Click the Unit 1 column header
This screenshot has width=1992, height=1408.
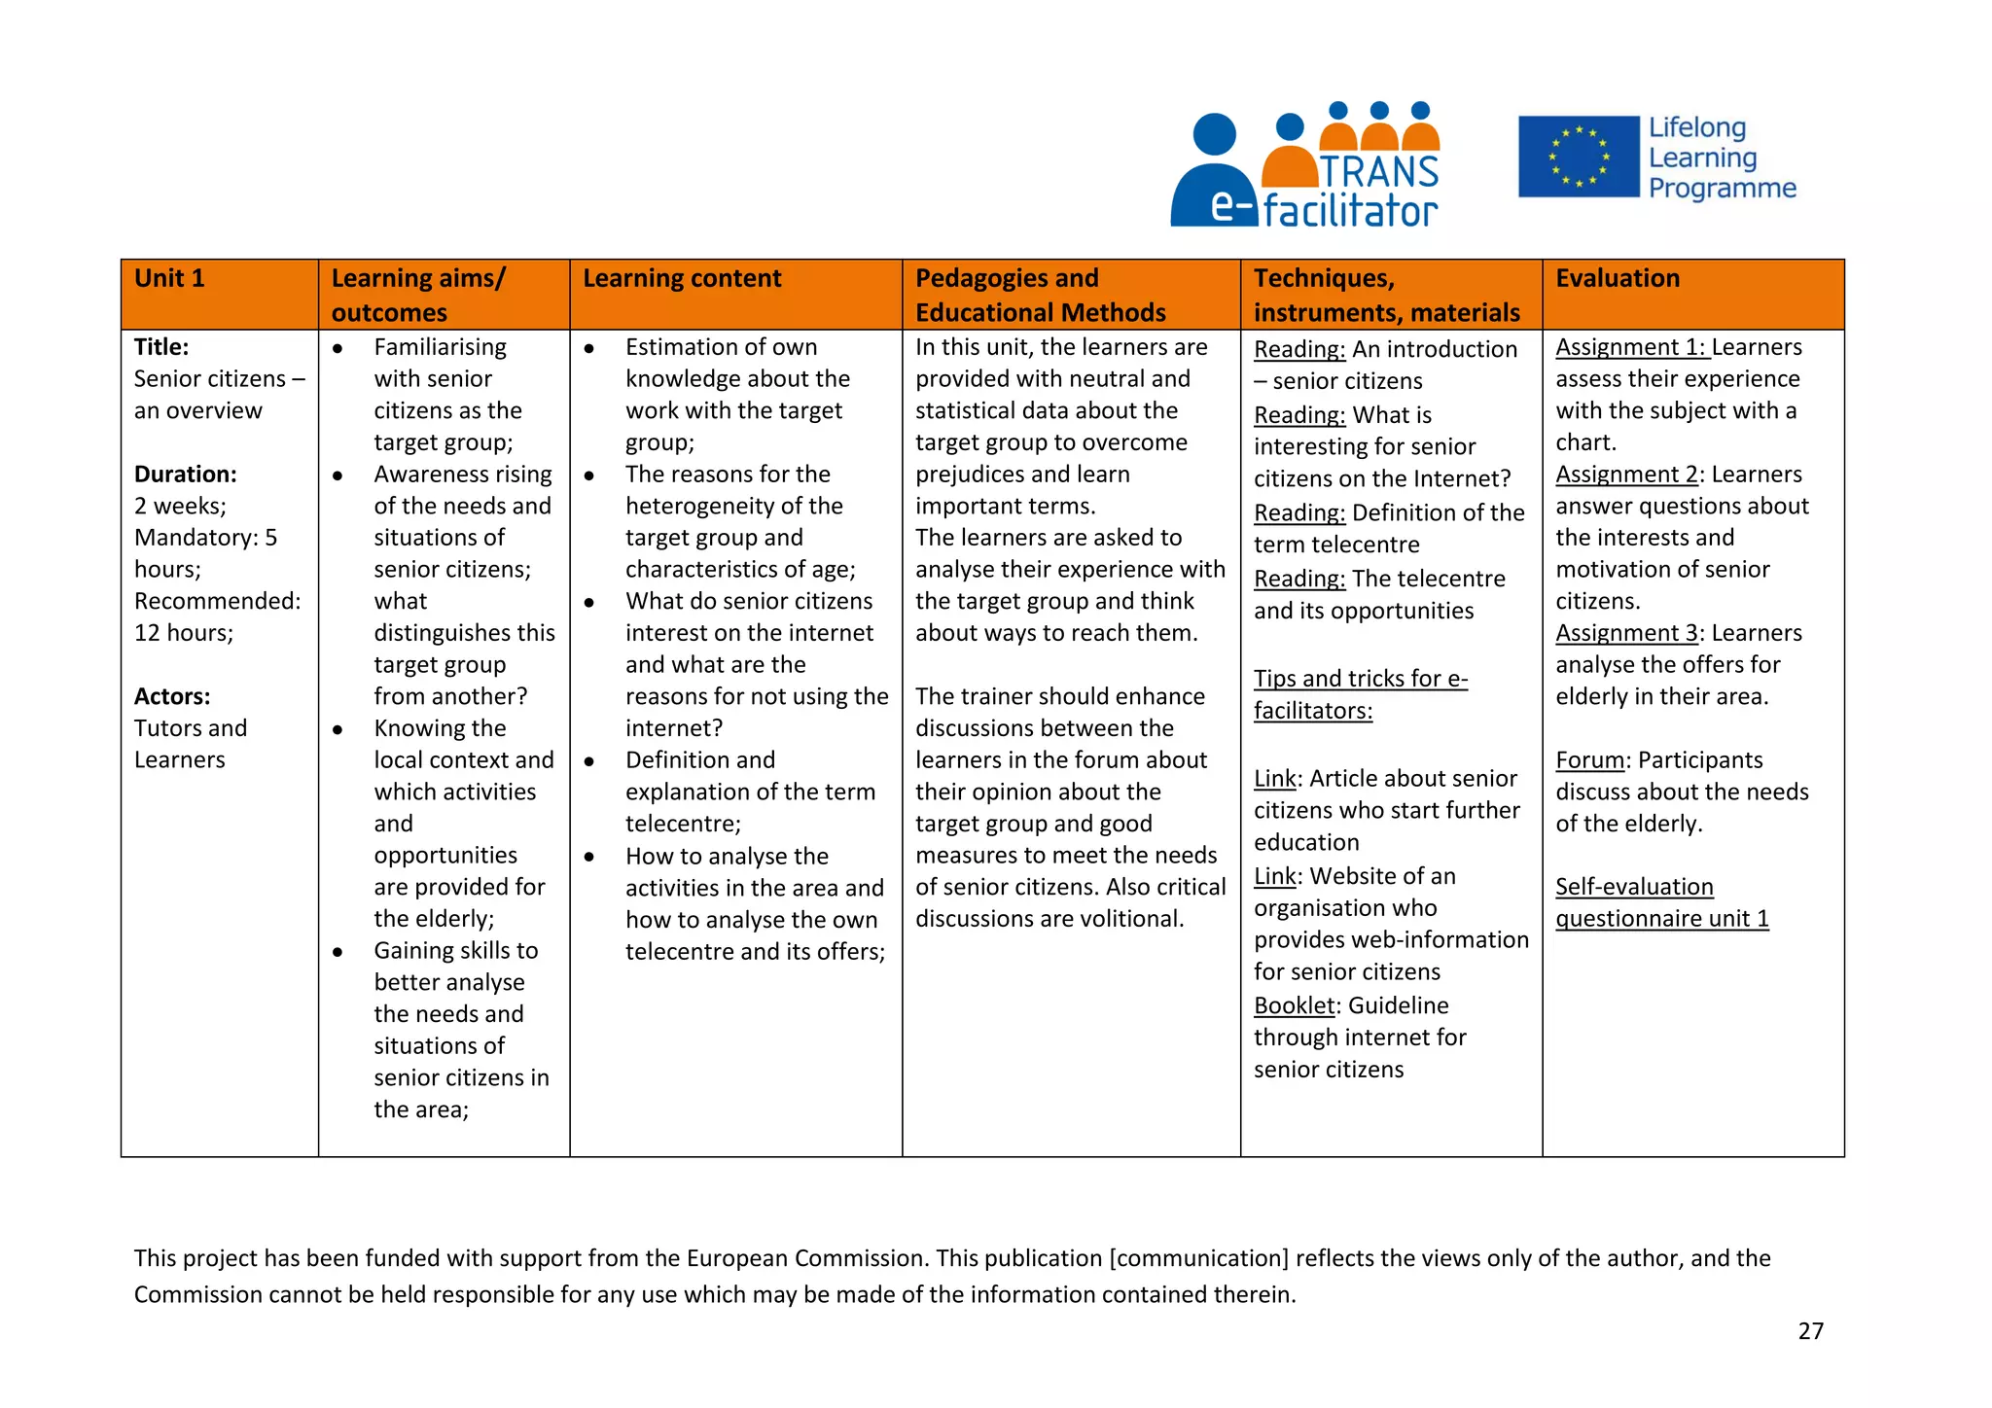pos(169,279)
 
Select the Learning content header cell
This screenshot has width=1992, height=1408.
pos(681,279)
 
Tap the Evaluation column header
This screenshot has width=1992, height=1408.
pos(1617,279)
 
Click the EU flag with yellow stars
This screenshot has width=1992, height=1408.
pos(1578,157)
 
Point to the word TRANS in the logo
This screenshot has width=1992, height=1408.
pos(1379,172)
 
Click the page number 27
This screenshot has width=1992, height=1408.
pos(1810,1331)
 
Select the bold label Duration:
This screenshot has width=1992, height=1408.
pos(185,475)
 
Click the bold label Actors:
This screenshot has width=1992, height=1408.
pos(172,697)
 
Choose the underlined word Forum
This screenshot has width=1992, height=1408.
pos(1589,760)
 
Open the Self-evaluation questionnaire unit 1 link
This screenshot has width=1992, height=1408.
pos(1660,903)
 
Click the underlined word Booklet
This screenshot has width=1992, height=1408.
pos(1294,1005)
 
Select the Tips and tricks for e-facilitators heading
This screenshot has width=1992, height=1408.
pos(1359,694)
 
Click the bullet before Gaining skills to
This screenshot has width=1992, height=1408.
pos(338,952)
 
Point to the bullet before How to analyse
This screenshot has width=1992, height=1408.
pos(589,857)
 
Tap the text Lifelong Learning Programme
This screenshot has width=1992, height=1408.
pos(1721,158)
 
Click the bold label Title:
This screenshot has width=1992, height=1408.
pos(161,347)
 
